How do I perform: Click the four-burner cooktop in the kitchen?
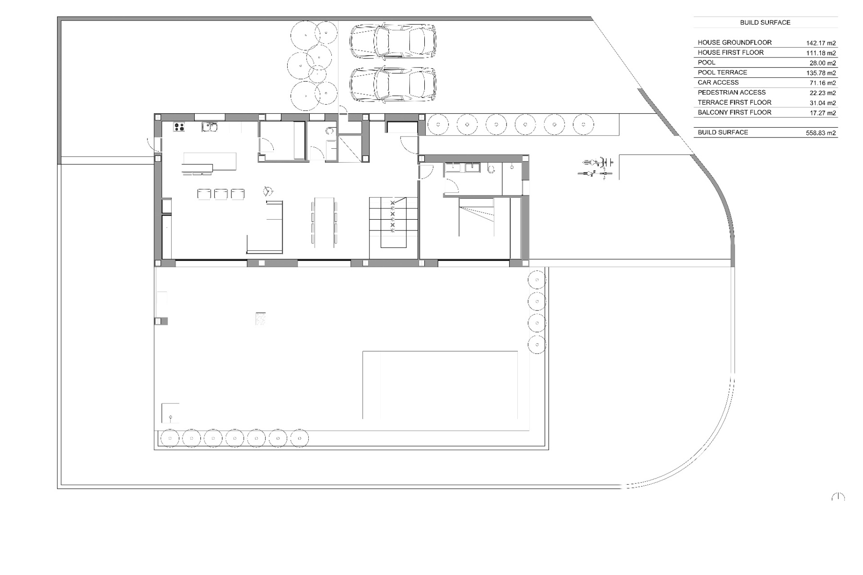[179, 127]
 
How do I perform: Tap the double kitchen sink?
[210, 127]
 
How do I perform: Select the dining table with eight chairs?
[324, 222]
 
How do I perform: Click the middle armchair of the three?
[221, 194]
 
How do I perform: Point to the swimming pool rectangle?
[440, 385]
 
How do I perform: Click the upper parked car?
[392, 41]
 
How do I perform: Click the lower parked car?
[392, 84]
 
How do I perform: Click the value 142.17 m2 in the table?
[820, 43]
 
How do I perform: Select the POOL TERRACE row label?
[722, 72]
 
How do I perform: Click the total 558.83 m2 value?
[820, 133]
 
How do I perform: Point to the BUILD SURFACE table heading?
[765, 22]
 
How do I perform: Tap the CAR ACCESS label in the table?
[718, 83]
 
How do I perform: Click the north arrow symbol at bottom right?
[838, 497]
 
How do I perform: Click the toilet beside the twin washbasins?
[490, 168]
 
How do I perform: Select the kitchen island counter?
[209, 162]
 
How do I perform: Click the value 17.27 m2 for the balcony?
[823, 113]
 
